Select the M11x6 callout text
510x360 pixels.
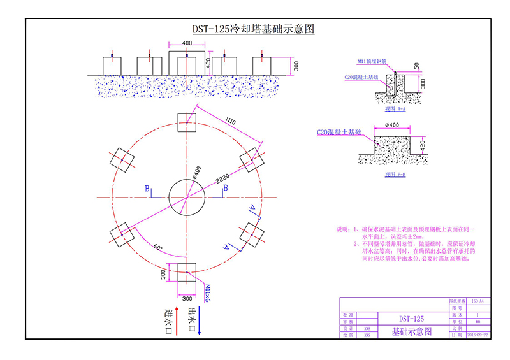207,294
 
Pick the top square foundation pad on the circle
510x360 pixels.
187,122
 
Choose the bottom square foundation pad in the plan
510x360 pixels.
187,274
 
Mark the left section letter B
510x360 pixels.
147,189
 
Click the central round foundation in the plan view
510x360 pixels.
187,198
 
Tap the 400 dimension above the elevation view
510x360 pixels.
186,43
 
